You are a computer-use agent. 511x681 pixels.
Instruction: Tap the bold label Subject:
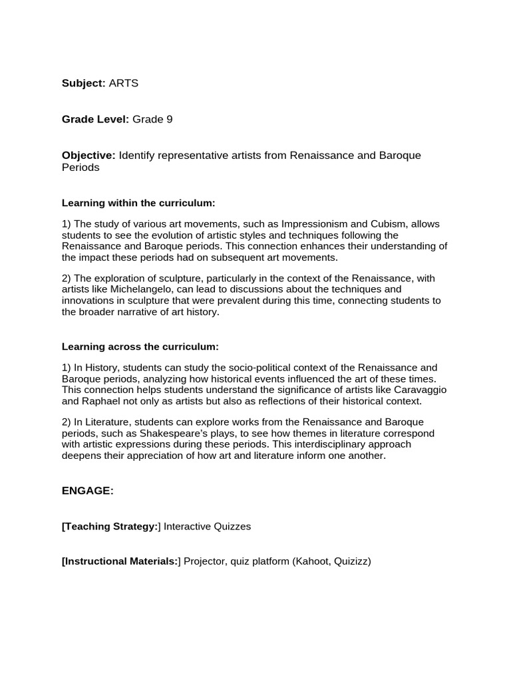click(x=84, y=83)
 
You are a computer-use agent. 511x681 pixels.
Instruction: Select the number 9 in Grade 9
click(x=170, y=119)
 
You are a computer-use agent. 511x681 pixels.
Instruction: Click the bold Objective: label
click(x=88, y=155)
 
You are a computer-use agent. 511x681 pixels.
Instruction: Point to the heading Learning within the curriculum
click(x=138, y=202)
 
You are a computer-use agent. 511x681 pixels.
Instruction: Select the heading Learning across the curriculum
click(x=140, y=346)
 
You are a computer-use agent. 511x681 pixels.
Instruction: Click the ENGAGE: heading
click(x=88, y=491)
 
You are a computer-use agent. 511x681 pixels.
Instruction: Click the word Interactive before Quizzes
click(x=187, y=526)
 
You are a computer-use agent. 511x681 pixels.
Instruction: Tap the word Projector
click(x=204, y=561)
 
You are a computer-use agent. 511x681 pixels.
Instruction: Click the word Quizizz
click(x=353, y=561)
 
